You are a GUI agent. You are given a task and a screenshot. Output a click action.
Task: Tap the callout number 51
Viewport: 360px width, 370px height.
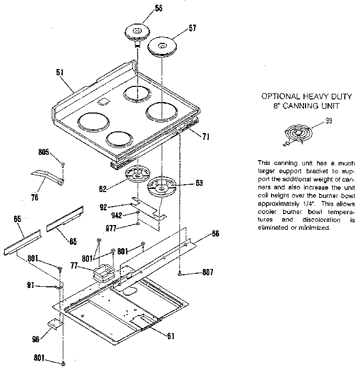coord(60,73)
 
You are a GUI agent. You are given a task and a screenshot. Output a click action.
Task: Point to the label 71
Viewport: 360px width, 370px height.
coord(206,137)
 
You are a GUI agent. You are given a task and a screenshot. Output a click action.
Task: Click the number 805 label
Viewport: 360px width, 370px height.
coord(43,152)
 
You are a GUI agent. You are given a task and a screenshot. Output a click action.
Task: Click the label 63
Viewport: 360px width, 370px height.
coord(184,183)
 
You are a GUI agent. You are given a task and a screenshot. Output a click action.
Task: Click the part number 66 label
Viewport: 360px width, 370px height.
coord(215,233)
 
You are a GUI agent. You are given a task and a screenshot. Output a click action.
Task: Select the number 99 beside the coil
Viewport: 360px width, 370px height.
coord(329,121)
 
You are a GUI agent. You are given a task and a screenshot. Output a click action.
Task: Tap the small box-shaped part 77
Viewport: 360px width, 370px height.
coord(103,272)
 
